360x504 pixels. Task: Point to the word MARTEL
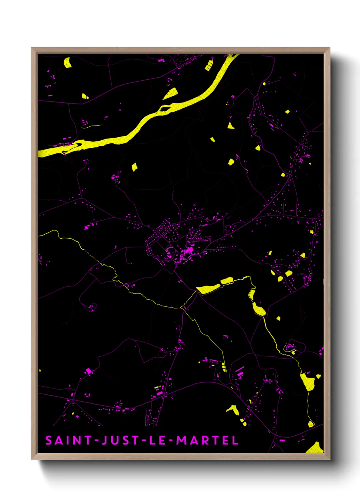pos(207,440)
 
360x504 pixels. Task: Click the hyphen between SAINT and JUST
pos(97,441)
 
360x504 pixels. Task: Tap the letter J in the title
pos(104,440)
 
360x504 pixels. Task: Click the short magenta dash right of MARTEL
pos(282,440)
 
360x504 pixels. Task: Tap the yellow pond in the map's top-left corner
pos(67,63)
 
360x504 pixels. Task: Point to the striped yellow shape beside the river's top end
pos(209,65)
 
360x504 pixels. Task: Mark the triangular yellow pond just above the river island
pos(171,93)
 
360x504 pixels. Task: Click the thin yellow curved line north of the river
pos(92,126)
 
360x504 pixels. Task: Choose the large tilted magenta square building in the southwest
pos(89,371)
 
